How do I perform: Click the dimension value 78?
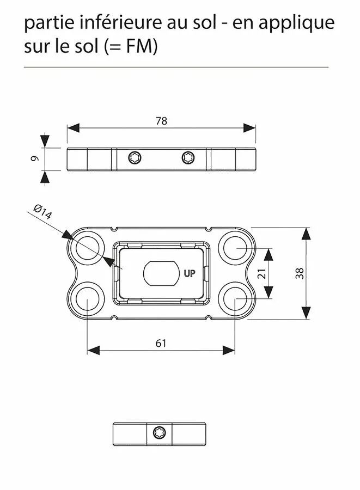pyautogui.click(x=161, y=121)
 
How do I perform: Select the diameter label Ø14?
pyautogui.click(x=42, y=211)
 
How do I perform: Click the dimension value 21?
pyautogui.click(x=262, y=273)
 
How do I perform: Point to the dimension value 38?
pyautogui.click(x=299, y=273)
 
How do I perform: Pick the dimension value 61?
pyautogui.click(x=161, y=343)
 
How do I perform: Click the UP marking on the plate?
pyautogui.click(x=189, y=274)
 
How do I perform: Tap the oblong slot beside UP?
pyautogui.click(x=161, y=273)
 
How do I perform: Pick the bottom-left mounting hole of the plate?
pyautogui.click(x=87, y=298)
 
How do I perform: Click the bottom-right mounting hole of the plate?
pyautogui.click(x=235, y=298)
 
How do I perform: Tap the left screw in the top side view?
pyautogui.click(x=135, y=158)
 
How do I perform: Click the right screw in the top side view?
pyautogui.click(x=188, y=158)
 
